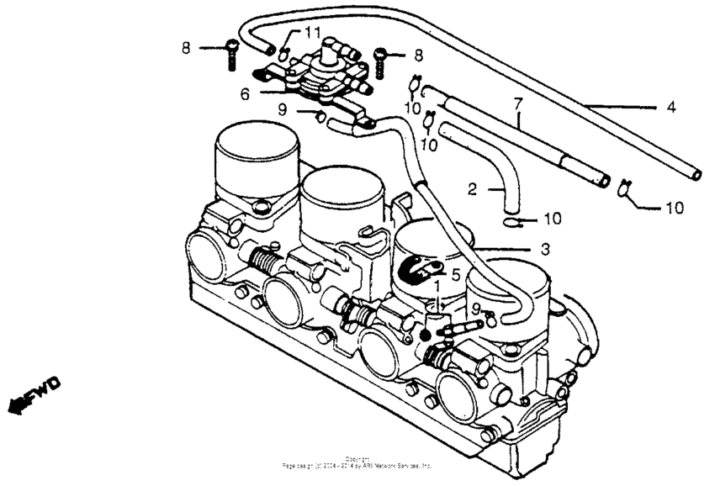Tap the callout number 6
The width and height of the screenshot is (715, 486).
click(x=245, y=94)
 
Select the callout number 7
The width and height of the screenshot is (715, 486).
click(x=518, y=104)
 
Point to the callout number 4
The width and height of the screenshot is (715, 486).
click(x=671, y=107)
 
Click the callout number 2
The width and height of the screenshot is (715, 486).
click(x=473, y=190)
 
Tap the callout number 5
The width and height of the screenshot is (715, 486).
click(x=455, y=274)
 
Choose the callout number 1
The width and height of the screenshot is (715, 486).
click(x=438, y=288)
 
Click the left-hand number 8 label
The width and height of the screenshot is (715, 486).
click(x=186, y=48)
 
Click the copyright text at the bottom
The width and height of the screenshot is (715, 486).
click(x=357, y=462)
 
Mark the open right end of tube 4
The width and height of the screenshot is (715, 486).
click(x=695, y=173)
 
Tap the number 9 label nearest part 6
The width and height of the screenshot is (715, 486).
click(x=283, y=108)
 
